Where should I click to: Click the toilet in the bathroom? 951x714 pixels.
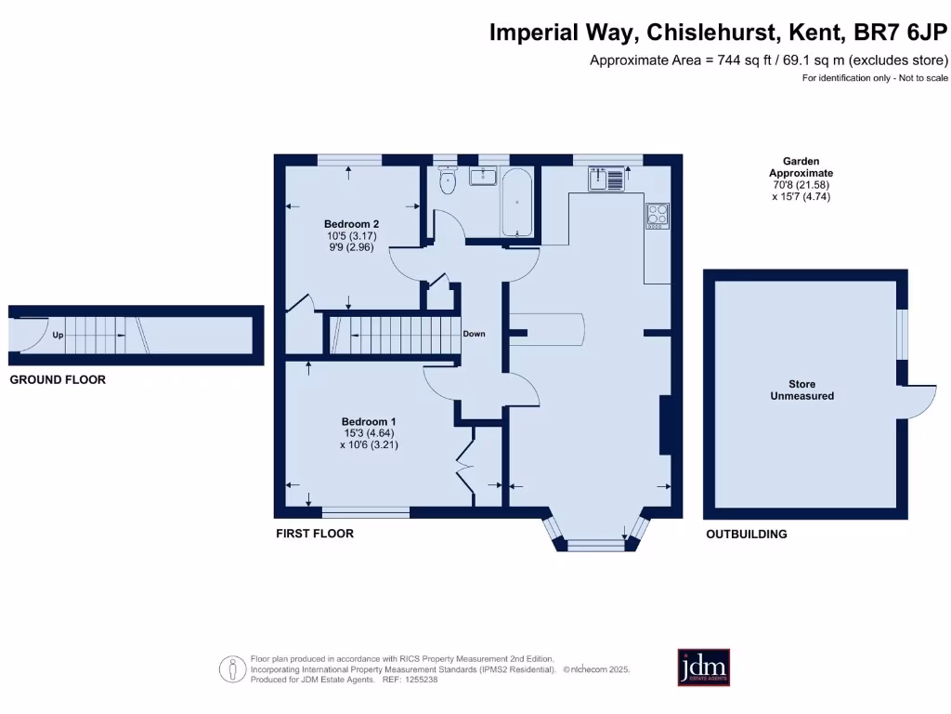tap(448, 181)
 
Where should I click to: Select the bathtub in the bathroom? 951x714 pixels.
tap(516, 203)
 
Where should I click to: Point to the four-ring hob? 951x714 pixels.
tap(658, 215)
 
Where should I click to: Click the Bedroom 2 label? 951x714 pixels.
tap(351, 224)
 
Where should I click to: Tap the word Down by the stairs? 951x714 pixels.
tap(474, 334)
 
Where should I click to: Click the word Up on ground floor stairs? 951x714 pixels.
tap(58, 335)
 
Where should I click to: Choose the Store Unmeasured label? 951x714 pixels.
tap(801, 390)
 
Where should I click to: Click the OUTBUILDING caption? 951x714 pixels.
tap(746, 535)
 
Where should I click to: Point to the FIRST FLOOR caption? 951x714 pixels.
tap(315, 534)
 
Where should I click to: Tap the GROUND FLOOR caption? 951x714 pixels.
tap(58, 379)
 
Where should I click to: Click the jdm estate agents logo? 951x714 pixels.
tap(703, 667)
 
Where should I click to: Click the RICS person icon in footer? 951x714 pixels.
tap(231, 668)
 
